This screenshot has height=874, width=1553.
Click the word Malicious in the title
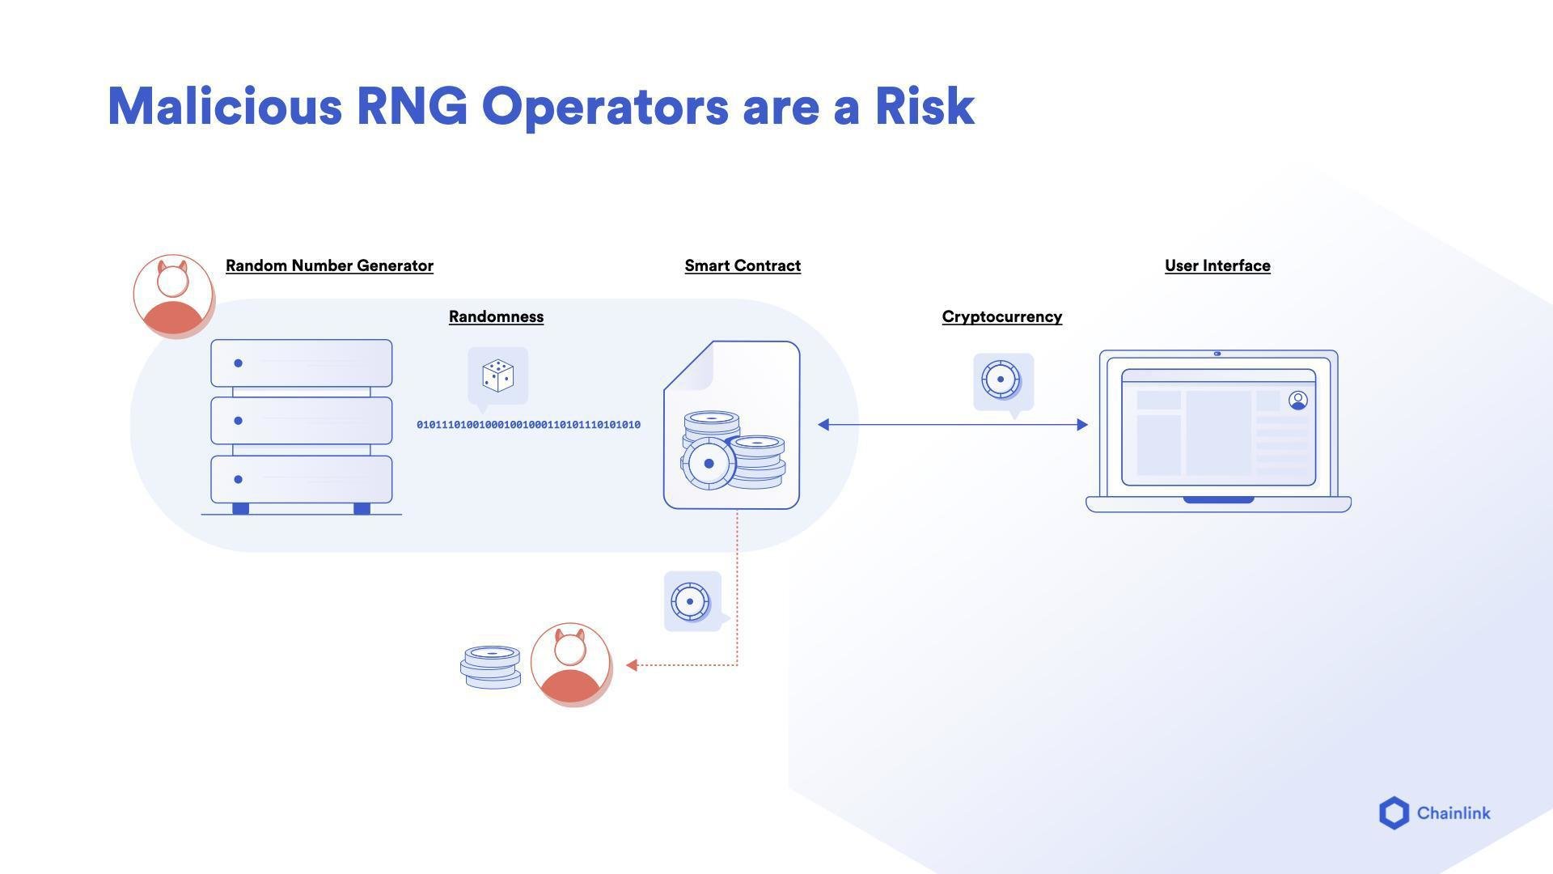(225, 106)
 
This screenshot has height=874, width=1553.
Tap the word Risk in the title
(925, 106)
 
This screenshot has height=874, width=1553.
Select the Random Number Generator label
(329, 265)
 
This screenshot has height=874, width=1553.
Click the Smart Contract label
(743, 265)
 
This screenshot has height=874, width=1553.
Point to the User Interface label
(1217, 265)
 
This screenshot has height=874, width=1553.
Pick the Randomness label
(496, 316)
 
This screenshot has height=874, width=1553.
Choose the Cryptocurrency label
(1001, 316)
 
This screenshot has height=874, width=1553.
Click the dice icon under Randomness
(498, 376)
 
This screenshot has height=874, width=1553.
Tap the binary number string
(528, 425)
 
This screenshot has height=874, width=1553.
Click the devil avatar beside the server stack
(173, 295)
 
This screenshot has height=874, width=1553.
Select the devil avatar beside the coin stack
(570, 664)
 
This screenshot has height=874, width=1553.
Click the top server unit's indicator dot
(238, 363)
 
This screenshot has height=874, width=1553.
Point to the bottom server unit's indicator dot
(238, 479)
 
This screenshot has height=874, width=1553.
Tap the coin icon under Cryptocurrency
(1001, 380)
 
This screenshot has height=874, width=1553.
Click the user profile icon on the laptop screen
(1298, 400)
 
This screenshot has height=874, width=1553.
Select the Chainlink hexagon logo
(1394, 813)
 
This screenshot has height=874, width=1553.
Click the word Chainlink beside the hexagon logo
(1454, 813)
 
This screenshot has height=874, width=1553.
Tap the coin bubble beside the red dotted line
(691, 601)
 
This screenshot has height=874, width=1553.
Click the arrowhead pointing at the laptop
(1081, 424)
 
